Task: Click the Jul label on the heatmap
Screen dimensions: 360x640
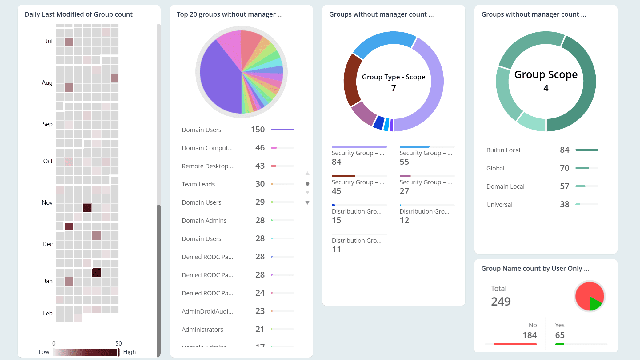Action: tap(49, 41)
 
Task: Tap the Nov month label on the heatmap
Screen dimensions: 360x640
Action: tap(47, 203)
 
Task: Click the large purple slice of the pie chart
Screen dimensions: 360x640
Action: tap(218, 80)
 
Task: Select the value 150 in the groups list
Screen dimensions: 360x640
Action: tap(258, 130)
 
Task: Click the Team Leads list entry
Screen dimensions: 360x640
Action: tap(198, 184)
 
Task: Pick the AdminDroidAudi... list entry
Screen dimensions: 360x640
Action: tap(207, 311)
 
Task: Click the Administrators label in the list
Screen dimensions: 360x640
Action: tap(202, 330)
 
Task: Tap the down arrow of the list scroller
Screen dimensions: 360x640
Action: tap(307, 202)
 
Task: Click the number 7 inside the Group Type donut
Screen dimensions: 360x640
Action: tap(394, 88)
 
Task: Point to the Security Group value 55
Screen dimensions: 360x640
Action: tap(404, 162)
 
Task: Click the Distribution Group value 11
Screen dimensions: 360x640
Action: tap(336, 250)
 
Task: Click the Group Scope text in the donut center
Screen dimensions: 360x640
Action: tap(546, 74)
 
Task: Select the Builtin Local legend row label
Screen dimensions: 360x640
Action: tap(503, 150)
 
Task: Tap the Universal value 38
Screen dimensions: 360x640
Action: tap(564, 204)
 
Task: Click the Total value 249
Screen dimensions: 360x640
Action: tap(501, 302)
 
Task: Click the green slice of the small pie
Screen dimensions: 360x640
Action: tap(594, 303)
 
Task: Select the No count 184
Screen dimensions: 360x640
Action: tap(529, 335)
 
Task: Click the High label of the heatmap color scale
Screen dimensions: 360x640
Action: tap(129, 352)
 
